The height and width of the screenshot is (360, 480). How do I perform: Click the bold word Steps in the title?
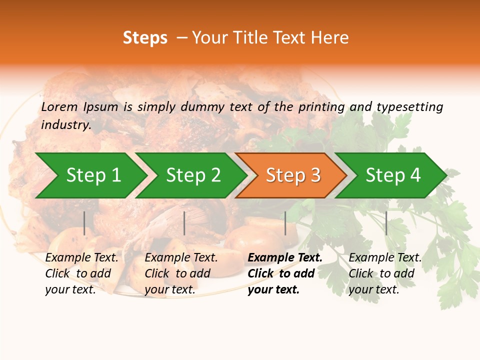pos(145,37)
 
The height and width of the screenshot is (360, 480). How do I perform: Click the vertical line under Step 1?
pos(84,223)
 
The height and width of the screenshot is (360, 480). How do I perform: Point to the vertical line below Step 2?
pos(184,223)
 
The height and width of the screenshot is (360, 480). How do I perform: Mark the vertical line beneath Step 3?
pos(285,223)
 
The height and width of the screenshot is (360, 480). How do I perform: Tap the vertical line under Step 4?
pos(386,223)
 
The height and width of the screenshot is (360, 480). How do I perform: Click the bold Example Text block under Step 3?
pos(285,273)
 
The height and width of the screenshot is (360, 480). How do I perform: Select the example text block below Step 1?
pos(81,273)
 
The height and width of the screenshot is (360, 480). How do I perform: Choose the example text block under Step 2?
pos(181,273)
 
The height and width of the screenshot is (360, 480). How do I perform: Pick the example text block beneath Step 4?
pos(385,273)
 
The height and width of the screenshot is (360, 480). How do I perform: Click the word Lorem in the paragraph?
pos(59,106)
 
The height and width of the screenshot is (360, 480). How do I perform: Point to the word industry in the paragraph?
pos(65,125)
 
